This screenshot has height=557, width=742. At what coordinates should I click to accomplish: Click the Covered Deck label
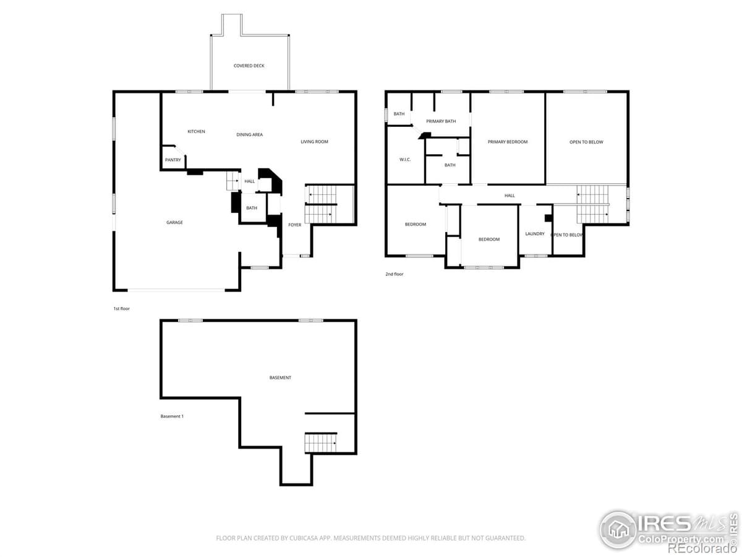pos(249,66)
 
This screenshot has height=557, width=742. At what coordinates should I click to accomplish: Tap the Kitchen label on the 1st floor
pos(196,131)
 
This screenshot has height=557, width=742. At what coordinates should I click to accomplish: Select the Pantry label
pos(173,160)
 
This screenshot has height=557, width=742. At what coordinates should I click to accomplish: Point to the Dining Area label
pos(249,134)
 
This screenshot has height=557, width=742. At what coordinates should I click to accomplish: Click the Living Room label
pos(314,142)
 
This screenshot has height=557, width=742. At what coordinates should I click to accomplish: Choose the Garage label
pos(174,222)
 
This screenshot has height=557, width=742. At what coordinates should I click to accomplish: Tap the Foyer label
pos(295,225)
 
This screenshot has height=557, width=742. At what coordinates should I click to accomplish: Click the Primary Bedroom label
pos(507,142)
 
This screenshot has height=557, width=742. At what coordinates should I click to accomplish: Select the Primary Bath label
pos(441,121)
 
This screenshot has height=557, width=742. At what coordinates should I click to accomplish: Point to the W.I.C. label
pos(405,160)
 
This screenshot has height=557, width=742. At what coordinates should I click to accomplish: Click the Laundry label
pos(534,234)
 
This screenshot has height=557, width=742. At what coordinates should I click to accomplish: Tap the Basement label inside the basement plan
pos(280,378)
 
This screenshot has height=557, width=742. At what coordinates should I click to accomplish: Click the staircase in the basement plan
pos(320,443)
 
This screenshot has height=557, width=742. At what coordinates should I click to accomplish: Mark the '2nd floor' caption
pos(394,274)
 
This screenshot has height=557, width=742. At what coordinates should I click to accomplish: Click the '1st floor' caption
pos(121,308)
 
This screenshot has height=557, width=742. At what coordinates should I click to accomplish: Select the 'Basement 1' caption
pos(172,417)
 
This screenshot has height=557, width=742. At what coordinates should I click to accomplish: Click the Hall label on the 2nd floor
pos(510,196)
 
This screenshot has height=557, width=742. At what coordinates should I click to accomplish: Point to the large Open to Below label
pos(586,142)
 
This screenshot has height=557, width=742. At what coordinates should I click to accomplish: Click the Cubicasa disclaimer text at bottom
pos(371,538)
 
